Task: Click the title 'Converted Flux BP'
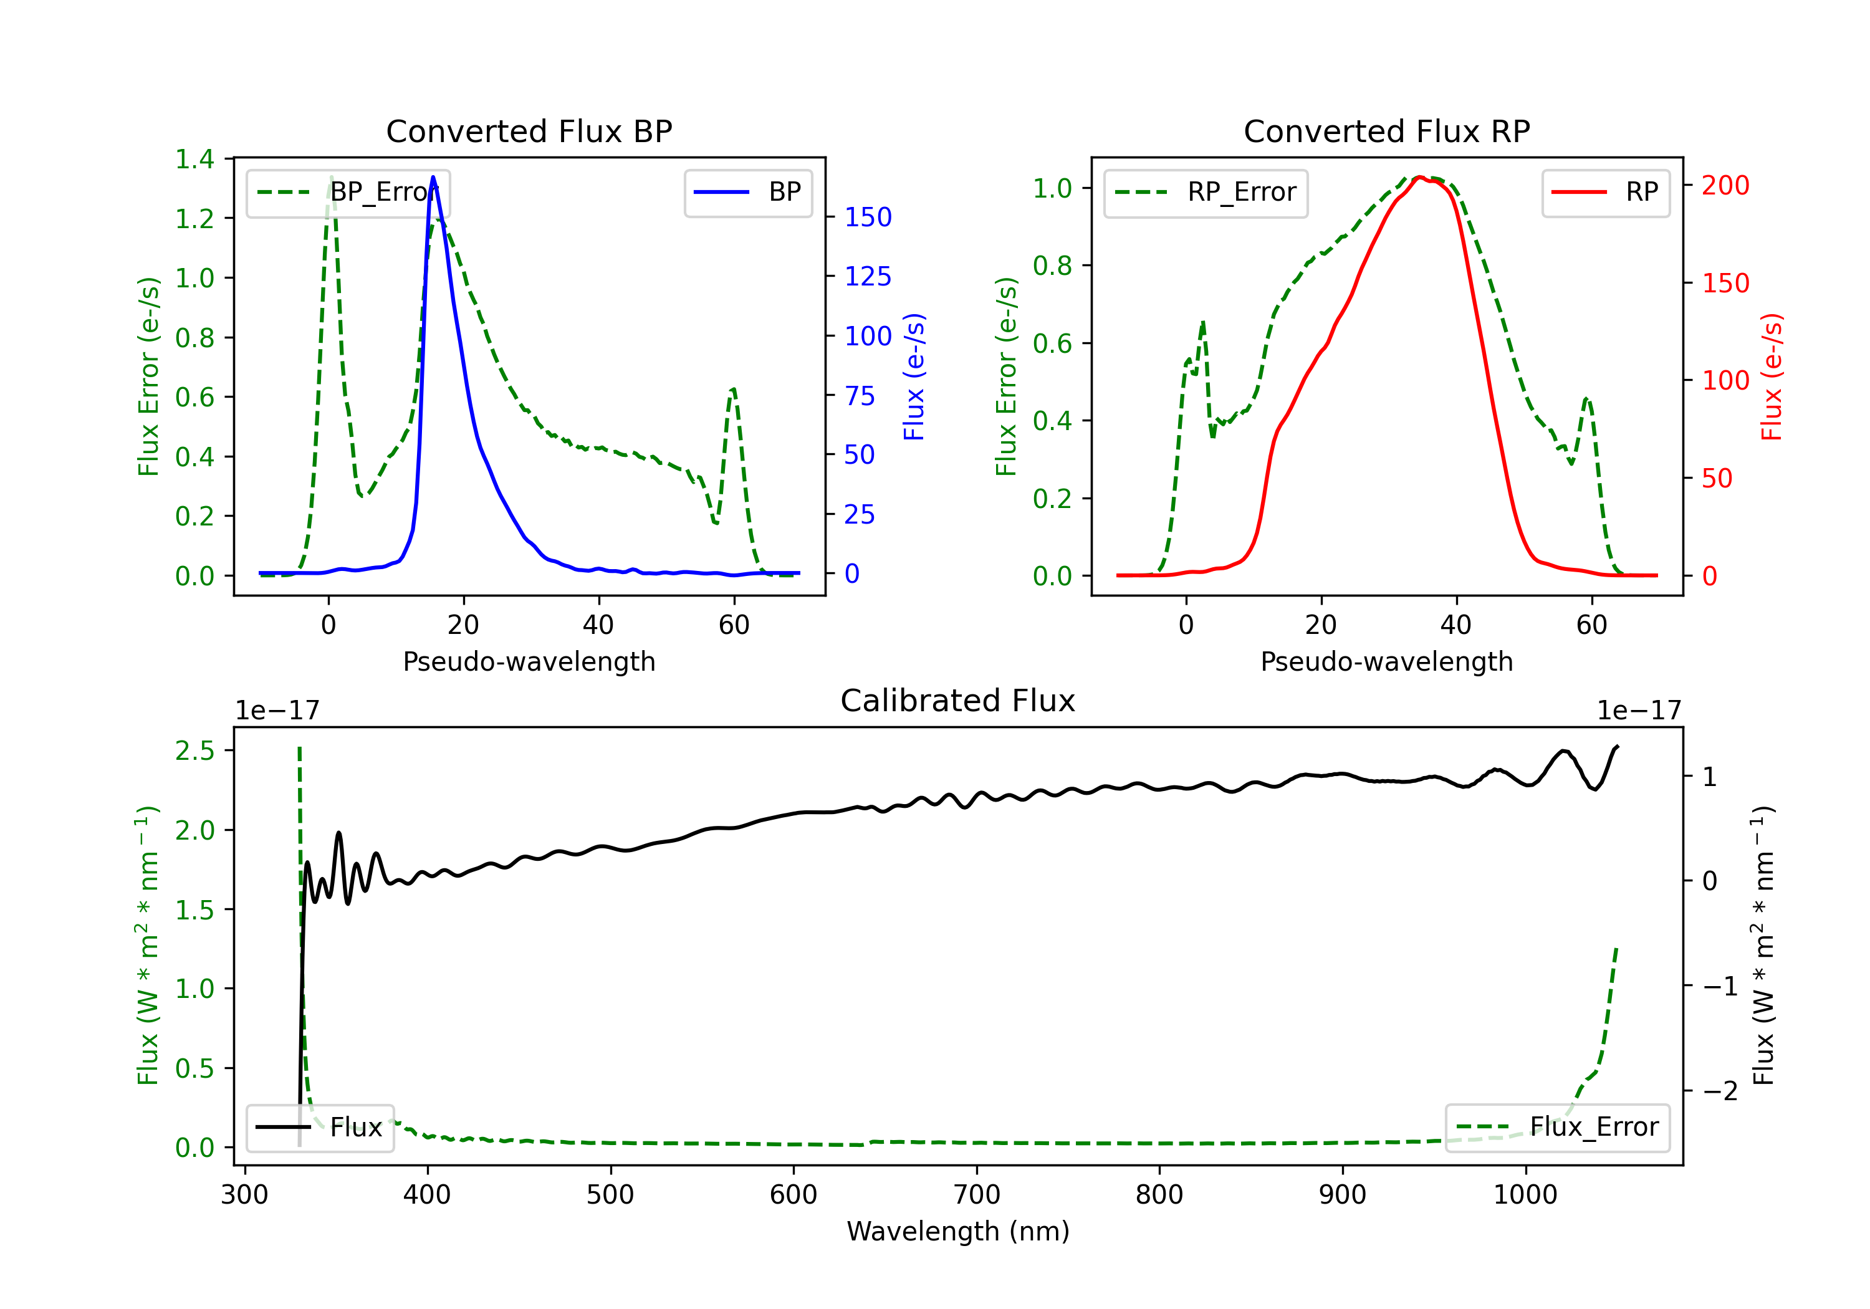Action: click(x=529, y=131)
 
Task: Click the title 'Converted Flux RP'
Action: click(x=1386, y=131)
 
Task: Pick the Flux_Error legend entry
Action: click(x=1557, y=1128)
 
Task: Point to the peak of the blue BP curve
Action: click(x=433, y=178)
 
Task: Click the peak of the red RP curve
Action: click(x=1419, y=178)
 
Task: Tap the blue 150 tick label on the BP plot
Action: click(x=868, y=218)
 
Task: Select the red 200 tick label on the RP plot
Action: click(x=1725, y=186)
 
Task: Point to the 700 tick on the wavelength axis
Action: click(x=977, y=1195)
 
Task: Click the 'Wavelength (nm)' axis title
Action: click(x=958, y=1231)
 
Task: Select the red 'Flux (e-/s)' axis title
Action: click(x=1772, y=376)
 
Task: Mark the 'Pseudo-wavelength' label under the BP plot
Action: click(x=529, y=661)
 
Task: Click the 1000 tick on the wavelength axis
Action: click(x=1525, y=1195)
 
